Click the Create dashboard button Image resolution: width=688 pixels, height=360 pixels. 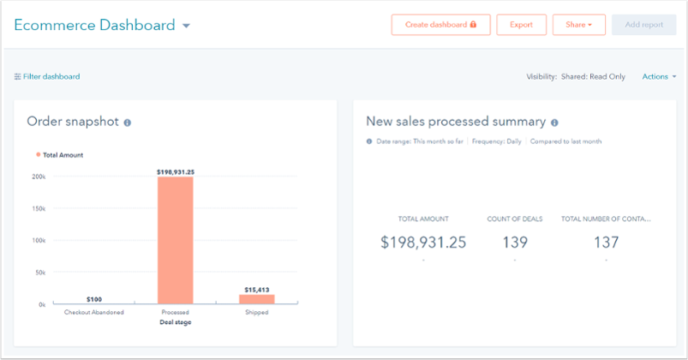pyautogui.click(x=440, y=25)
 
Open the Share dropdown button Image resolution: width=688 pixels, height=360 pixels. pyautogui.click(x=578, y=25)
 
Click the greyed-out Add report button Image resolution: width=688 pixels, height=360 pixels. pyautogui.click(x=643, y=25)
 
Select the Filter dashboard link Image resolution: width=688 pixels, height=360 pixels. pyautogui.click(x=47, y=76)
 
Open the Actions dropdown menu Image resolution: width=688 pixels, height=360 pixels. pyautogui.click(x=659, y=76)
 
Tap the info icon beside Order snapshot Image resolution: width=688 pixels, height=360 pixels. pyautogui.click(x=128, y=123)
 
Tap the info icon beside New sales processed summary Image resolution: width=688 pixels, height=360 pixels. pyautogui.click(x=554, y=123)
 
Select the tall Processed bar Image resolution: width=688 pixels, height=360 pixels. pyautogui.click(x=176, y=240)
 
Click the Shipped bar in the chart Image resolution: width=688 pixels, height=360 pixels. pyautogui.click(x=256, y=298)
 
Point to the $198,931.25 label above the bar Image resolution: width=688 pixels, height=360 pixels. pyautogui.click(x=176, y=171)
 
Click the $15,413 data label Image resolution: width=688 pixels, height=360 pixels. pyautogui.click(x=256, y=290)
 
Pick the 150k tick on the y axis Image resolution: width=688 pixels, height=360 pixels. pyautogui.click(x=40, y=208)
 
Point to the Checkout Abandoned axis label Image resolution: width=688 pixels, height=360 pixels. pyautogui.click(x=94, y=313)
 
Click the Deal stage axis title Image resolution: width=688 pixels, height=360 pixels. pyautogui.click(x=176, y=322)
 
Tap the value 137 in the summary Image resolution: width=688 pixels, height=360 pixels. pyautogui.click(x=606, y=242)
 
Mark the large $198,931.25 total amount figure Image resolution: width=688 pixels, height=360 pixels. pyautogui.click(x=423, y=242)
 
